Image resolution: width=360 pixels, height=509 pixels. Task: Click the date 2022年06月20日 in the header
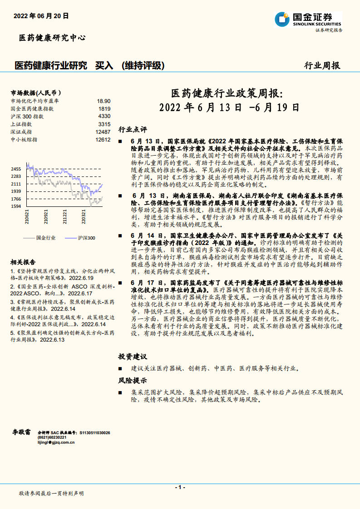[41, 15]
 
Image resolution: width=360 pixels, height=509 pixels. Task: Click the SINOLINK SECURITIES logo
[308, 20]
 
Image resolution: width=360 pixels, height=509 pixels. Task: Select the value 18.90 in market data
[104, 101]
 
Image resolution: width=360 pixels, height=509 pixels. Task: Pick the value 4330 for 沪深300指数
[104, 116]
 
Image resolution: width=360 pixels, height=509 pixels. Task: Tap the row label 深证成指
[21, 132]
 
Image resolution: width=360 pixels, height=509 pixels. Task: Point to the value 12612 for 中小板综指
[103, 139]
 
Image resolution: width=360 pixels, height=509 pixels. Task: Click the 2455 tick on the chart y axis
[16, 169]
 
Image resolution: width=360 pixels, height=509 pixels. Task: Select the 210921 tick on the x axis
[46, 217]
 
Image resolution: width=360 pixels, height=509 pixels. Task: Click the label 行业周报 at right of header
[321, 65]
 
